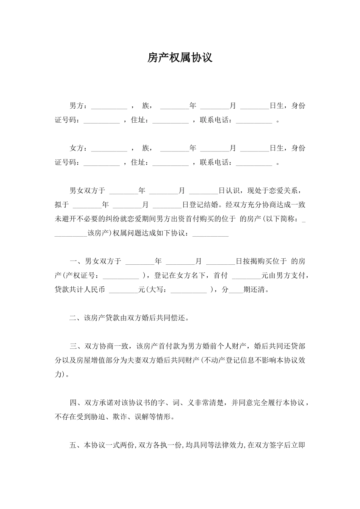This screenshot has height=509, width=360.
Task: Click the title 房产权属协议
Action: (180, 58)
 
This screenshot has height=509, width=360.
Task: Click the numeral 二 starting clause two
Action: (73, 318)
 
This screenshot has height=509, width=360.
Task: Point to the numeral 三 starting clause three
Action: (73, 346)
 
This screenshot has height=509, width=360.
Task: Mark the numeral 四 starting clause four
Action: (73, 403)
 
